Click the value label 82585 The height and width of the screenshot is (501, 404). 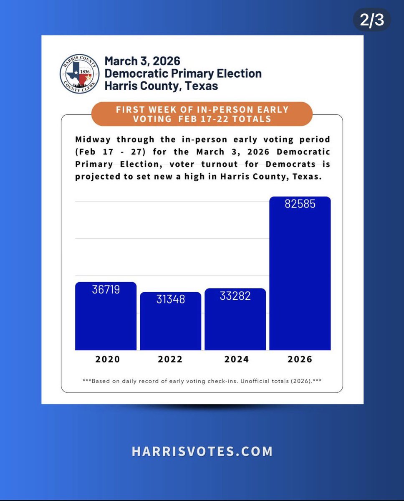click(300, 204)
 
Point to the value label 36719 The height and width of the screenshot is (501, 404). click(106, 289)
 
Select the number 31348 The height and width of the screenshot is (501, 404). click(170, 299)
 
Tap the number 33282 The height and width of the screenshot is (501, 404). click(235, 296)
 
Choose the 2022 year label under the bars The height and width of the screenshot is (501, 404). click(170, 359)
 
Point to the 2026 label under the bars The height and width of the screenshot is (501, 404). click(300, 359)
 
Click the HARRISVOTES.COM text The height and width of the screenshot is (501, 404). click(202, 451)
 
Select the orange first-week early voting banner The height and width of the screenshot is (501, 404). click(202, 114)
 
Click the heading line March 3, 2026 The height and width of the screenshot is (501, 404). click(142, 61)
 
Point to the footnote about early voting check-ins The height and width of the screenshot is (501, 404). click(202, 381)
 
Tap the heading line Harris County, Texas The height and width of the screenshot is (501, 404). click(161, 86)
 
